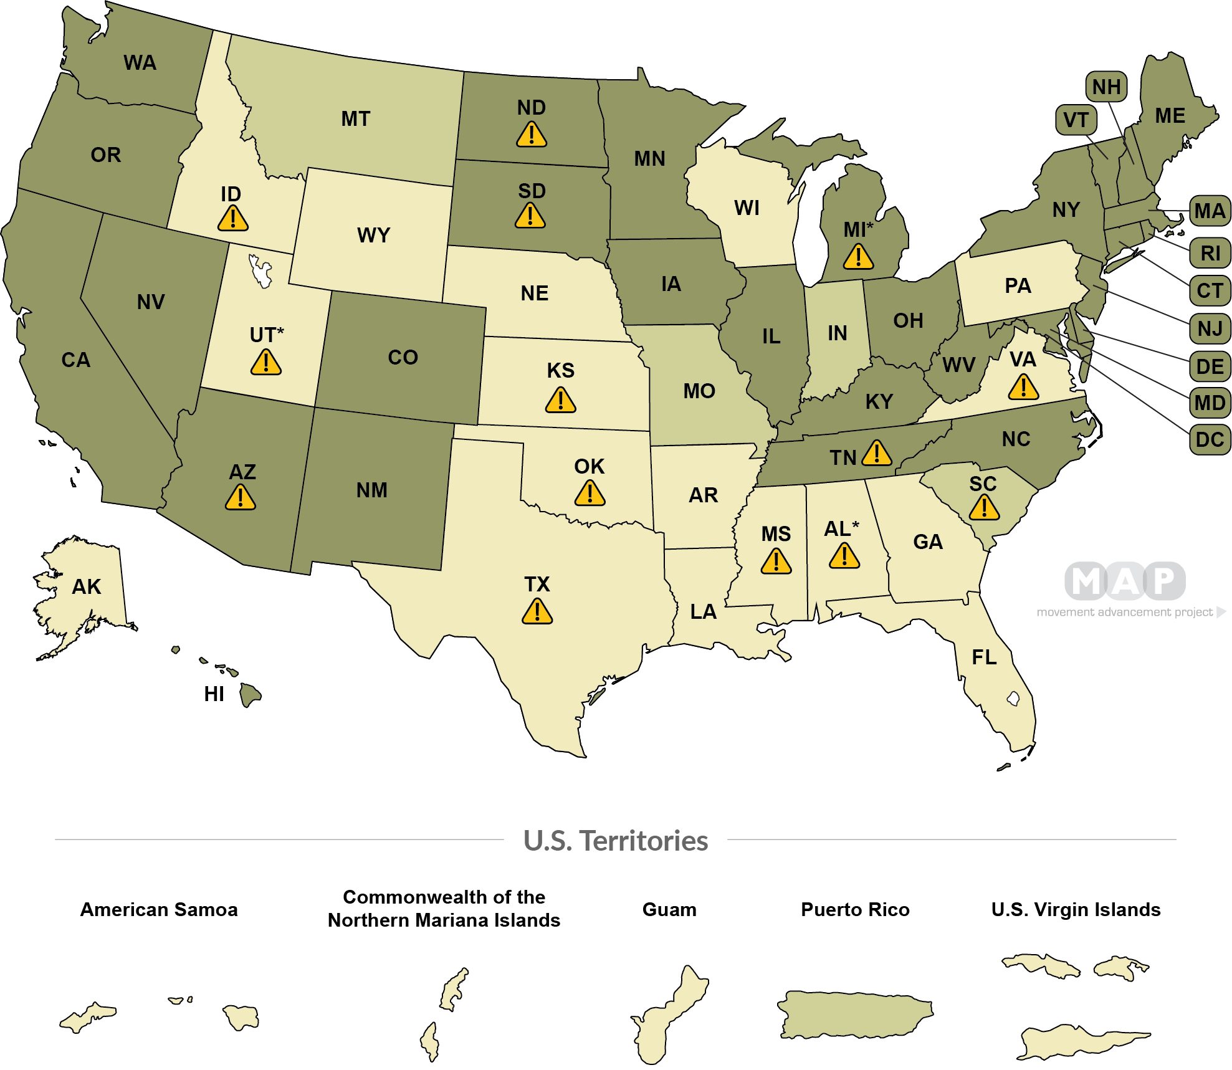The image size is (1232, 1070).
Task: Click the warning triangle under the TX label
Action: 537,611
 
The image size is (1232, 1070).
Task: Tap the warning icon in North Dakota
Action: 532,135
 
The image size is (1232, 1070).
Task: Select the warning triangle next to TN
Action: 877,453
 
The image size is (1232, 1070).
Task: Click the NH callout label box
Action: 1106,87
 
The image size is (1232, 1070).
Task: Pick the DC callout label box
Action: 1210,440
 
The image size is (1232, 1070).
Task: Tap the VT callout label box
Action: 1076,120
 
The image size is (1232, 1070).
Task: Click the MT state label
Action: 356,118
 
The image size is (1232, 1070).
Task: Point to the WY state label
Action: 373,235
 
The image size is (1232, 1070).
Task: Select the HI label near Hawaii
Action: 214,694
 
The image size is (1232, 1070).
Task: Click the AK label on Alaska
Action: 87,586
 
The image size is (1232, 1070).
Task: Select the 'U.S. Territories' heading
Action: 616,841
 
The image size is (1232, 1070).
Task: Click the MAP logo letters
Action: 1125,581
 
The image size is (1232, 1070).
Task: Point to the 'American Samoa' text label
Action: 159,910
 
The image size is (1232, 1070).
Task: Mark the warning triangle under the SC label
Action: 984,508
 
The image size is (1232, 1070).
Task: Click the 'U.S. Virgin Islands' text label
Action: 1076,910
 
